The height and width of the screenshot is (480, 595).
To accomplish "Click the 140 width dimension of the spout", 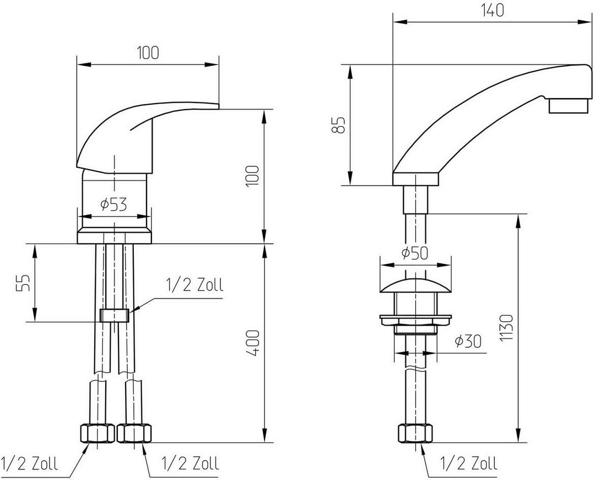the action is (493, 10).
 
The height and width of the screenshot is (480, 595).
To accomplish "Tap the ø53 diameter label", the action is (113, 205).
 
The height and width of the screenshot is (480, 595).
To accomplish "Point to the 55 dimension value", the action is (23, 282).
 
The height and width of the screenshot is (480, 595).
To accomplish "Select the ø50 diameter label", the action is (415, 253).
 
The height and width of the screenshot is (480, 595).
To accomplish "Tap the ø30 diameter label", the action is (468, 341).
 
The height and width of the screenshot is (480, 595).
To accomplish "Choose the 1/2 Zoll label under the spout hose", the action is (469, 463).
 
